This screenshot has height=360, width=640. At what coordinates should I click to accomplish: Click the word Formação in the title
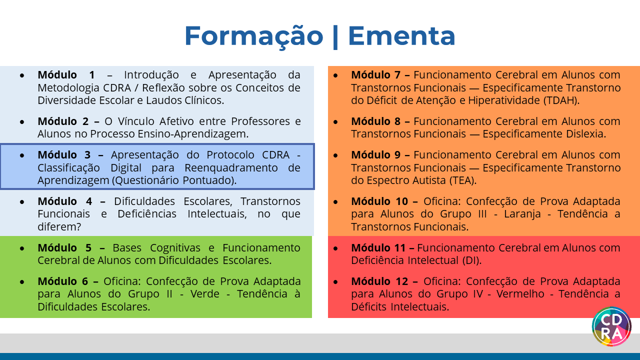pos(253,36)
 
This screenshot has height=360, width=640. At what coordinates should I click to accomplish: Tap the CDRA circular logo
pos(611,326)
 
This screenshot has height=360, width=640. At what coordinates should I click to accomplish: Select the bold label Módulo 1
pos(66,75)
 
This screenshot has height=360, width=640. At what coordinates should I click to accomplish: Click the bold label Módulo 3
pos(64,155)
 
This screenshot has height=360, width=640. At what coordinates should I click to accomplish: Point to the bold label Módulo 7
pos(375,75)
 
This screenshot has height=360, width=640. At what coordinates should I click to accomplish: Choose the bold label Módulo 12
pos(379,281)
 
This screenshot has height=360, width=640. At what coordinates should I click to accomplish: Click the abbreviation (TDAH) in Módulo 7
pos(561,100)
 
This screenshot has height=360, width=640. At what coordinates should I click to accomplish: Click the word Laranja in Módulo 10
pos(522,214)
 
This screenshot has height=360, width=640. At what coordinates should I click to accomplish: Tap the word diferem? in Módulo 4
pos(59,227)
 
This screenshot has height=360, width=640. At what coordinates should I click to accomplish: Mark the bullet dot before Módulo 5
pos(22,248)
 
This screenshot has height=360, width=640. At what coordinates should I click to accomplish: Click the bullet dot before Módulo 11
pos(335,248)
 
